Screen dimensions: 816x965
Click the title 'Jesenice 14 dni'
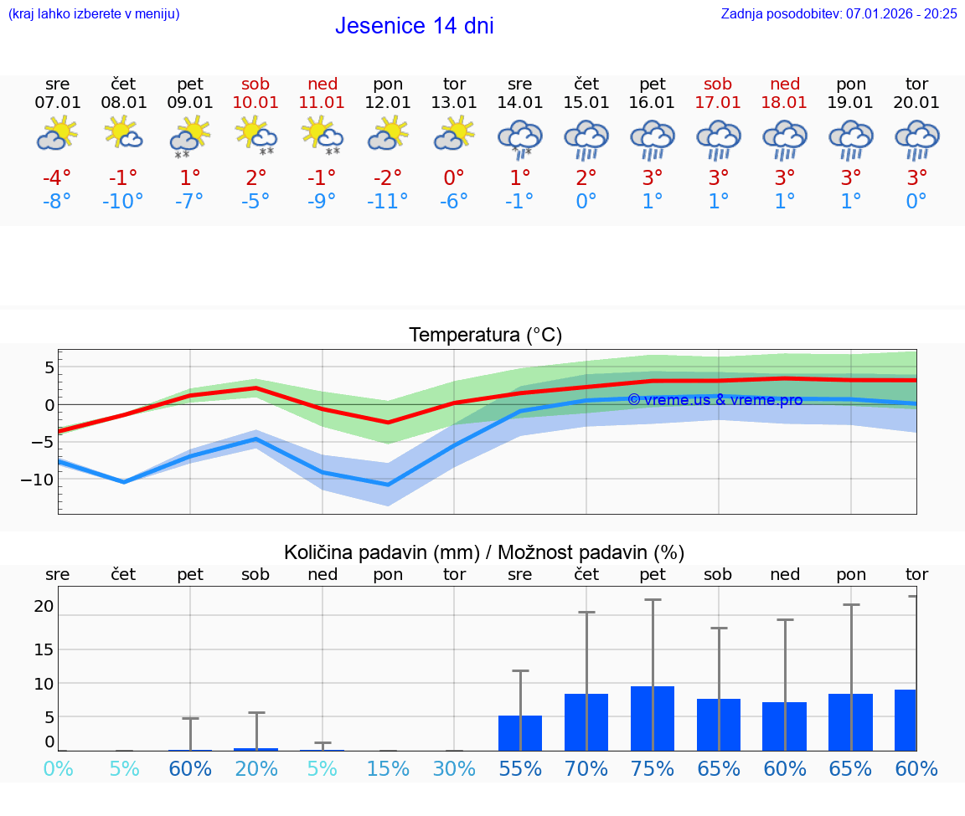point(414,26)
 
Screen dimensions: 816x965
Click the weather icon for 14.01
point(520,139)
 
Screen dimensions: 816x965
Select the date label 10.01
point(255,102)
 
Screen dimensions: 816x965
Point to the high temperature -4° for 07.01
point(58,178)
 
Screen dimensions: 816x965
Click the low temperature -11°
point(388,202)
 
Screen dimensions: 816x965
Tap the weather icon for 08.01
point(124,133)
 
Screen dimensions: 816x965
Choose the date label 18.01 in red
point(784,102)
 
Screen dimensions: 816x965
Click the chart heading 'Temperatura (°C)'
point(485,335)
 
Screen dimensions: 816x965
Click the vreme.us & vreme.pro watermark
point(715,400)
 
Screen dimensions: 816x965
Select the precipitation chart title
point(484,552)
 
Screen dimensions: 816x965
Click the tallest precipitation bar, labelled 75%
point(653,718)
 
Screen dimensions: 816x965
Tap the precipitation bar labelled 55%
point(520,733)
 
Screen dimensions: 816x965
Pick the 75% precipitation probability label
point(653,768)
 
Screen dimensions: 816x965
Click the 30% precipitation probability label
point(454,768)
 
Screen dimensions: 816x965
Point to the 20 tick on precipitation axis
point(44,606)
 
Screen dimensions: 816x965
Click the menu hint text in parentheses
point(93,13)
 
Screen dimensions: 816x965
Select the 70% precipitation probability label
point(586,768)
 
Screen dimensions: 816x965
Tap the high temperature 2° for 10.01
point(255,178)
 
